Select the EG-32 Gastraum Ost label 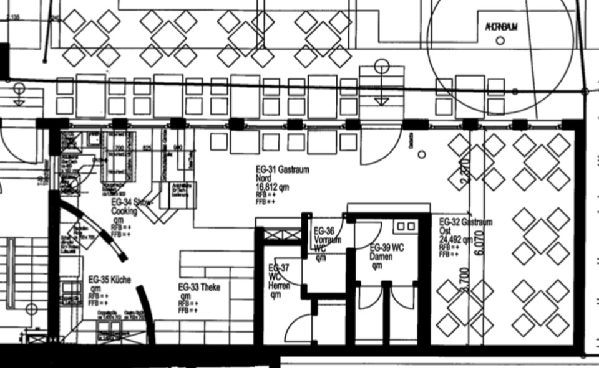pyautogui.click(x=465, y=222)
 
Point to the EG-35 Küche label pyautogui.click(x=109, y=280)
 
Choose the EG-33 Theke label pyautogui.click(x=199, y=287)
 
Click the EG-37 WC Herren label pyautogui.click(x=279, y=276)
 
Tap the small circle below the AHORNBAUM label pyautogui.click(x=500, y=41)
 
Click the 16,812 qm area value pyautogui.click(x=272, y=187)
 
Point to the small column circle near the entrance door pyautogui.click(x=422, y=154)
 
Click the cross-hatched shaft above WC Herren pyautogui.click(x=283, y=236)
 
